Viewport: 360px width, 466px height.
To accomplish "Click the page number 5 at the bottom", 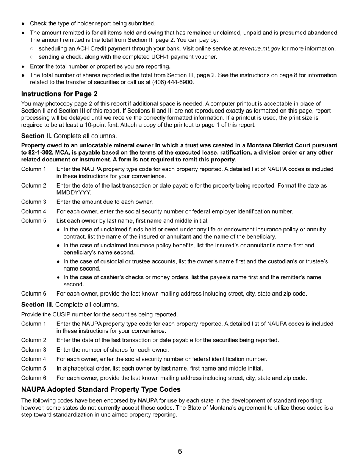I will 180,451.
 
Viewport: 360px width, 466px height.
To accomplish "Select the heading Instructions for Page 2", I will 59,94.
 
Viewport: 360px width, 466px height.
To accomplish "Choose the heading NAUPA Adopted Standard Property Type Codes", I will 101,389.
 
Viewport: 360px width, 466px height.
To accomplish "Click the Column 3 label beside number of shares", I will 34,350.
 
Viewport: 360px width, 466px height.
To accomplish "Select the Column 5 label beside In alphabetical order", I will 34,368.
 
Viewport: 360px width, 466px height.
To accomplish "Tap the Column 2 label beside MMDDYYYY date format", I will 34,186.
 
